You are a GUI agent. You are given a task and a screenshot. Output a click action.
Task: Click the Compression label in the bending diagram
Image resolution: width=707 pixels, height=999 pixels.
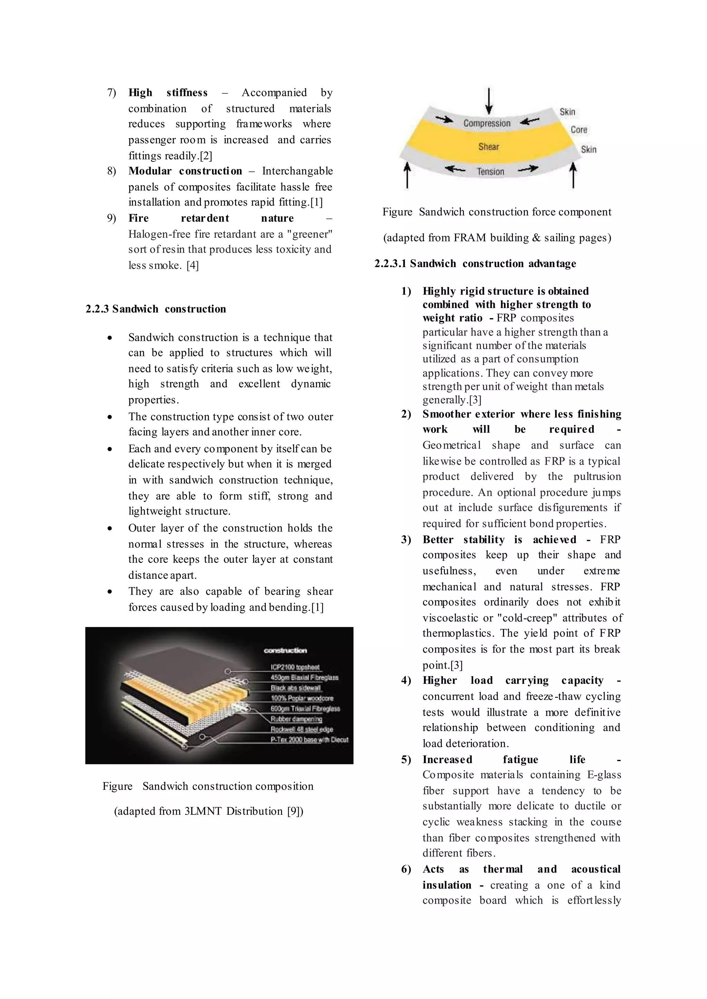coord(487,123)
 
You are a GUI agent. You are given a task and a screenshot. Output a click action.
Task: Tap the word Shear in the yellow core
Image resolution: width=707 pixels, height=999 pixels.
coord(488,147)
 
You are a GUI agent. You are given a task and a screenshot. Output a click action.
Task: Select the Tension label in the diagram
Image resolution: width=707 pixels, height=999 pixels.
coord(490,171)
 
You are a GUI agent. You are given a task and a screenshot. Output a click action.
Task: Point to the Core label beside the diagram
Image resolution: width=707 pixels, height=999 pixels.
coord(579,130)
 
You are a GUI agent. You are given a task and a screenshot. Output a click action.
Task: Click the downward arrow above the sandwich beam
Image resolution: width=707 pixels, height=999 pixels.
coord(489,101)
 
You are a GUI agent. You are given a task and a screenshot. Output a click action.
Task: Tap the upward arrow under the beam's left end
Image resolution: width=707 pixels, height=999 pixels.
coord(407,175)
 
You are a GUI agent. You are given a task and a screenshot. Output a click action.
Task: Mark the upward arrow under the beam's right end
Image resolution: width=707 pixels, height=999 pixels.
coord(573,175)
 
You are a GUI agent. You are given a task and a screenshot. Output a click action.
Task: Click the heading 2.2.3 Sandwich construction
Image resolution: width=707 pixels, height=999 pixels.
coord(156,309)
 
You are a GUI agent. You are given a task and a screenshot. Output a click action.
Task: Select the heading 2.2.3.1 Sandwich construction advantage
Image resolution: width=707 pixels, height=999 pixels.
coord(475,264)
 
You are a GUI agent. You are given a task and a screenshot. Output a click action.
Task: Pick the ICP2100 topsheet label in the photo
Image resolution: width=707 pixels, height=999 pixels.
coord(295,667)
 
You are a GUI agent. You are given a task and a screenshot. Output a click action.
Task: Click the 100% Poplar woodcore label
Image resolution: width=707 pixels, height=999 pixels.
coord(302,698)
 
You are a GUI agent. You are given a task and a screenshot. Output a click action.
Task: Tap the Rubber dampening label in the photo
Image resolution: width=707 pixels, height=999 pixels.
coord(296,719)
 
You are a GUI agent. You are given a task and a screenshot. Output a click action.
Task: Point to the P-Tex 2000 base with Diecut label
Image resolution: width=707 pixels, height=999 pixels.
coord(309,740)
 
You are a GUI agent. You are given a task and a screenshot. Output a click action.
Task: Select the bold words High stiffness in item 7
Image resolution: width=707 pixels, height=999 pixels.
coord(168,93)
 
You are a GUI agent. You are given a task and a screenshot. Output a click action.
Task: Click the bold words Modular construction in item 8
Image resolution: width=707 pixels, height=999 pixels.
coord(185,171)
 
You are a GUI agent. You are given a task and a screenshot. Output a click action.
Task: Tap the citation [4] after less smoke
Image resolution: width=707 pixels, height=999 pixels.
coord(192,265)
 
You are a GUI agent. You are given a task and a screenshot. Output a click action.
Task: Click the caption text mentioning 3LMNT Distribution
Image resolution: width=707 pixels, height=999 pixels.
coord(209,811)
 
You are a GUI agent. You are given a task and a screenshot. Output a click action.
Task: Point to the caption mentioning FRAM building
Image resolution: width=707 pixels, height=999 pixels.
coord(497,238)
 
